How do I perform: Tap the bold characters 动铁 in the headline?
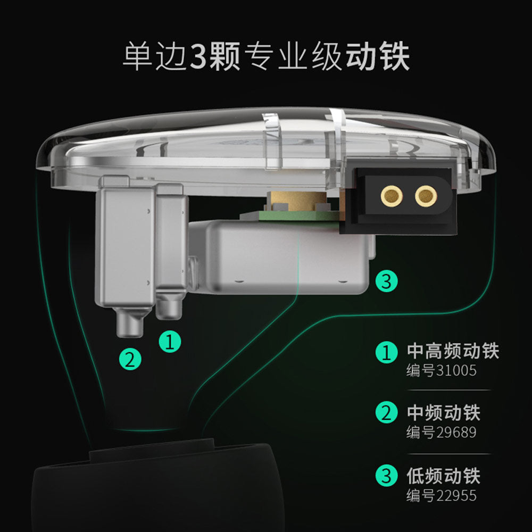[x=377, y=57]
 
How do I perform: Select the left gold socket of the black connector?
[x=392, y=196]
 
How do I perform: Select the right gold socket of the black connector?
[x=426, y=196]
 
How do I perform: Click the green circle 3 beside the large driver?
[x=386, y=281]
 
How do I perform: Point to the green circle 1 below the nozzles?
[x=170, y=342]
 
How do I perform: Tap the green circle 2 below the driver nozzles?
[x=130, y=359]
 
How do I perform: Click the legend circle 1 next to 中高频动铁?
[x=386, y=352]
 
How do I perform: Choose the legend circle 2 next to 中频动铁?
[x=386, y=412]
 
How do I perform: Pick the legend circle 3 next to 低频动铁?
[x=386, y=475]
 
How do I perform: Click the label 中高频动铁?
[x=453, y=351]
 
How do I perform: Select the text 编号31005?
[x=442, y=370]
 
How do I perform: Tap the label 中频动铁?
[x=444, y=413]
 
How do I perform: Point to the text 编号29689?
[x=442, y=432]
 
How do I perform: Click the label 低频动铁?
[x=444, y=476]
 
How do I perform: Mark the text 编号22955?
[x=442, y=496]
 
